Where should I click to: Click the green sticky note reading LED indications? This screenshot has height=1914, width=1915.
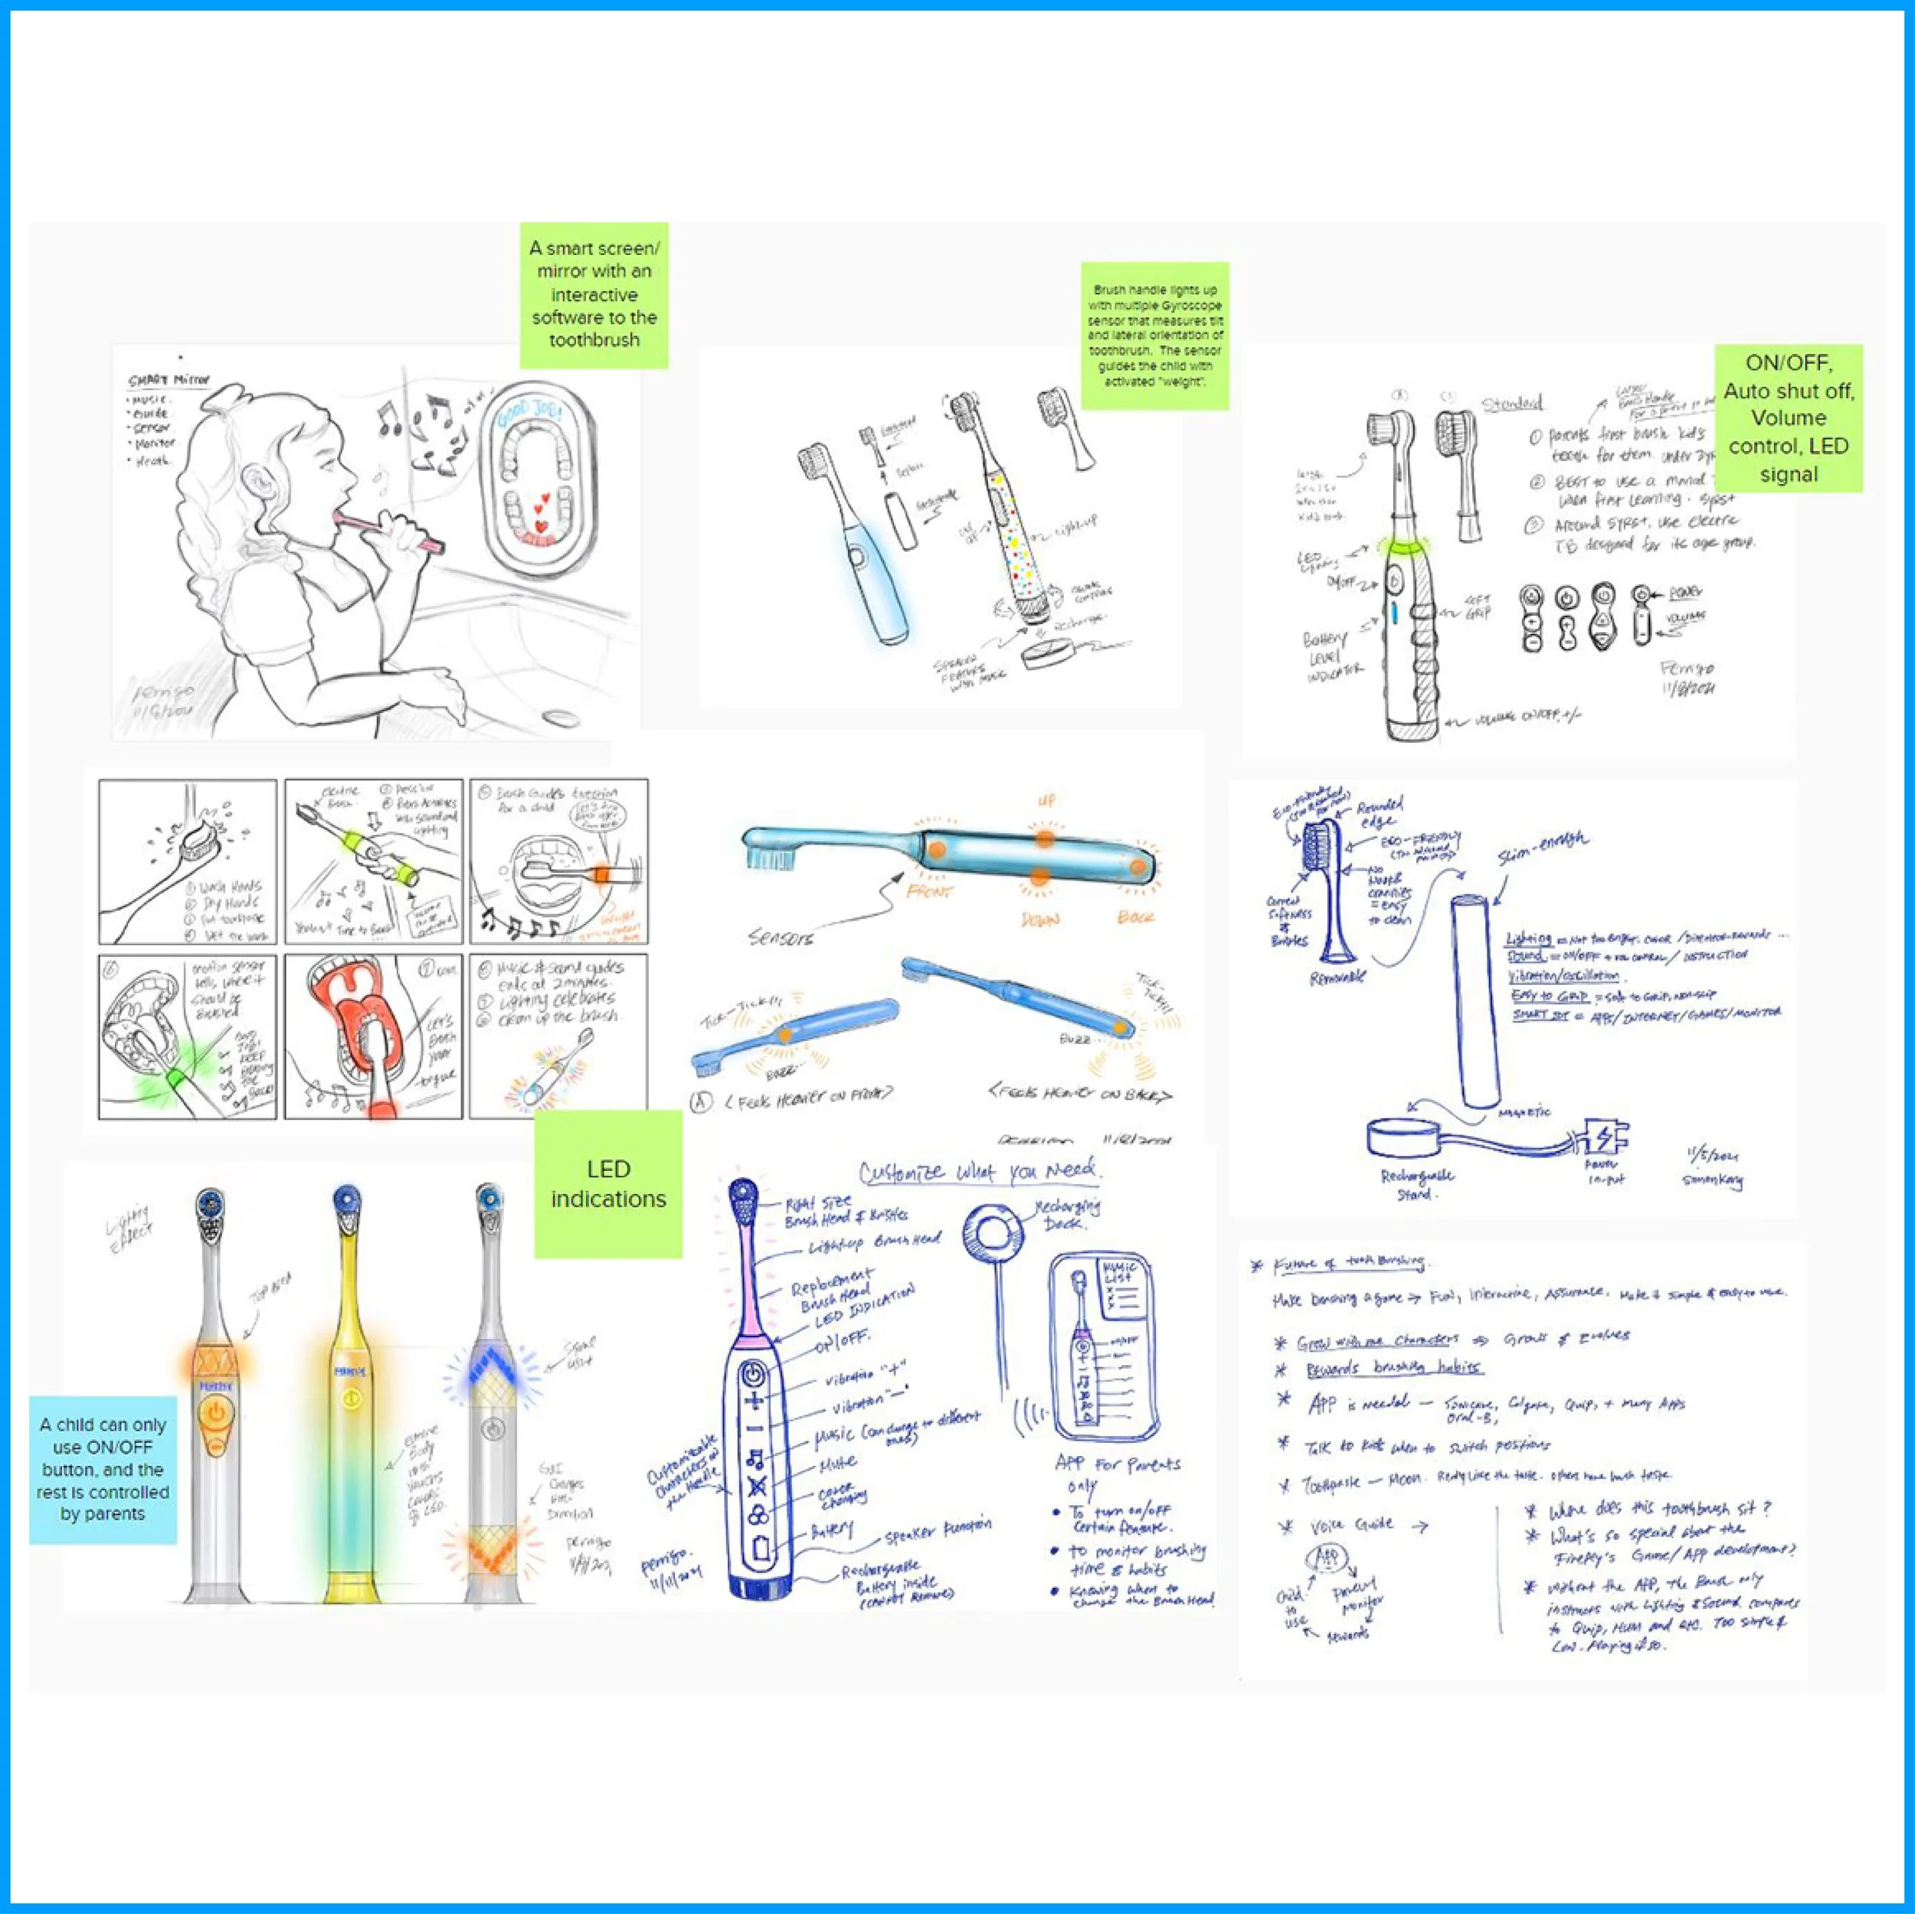[x=607, y=1183]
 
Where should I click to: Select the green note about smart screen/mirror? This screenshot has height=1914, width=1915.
[x=594, y=294]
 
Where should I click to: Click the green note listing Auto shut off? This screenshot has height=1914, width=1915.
[x=1788, y=417]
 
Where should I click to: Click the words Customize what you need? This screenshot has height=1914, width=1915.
[x=978, y=1172]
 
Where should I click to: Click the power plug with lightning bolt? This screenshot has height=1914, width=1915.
[x=1601, y=1138]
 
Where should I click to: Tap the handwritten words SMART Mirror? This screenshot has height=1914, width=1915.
[x=169, y=381]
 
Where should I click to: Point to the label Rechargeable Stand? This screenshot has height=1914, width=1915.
[x=1416, y=1183]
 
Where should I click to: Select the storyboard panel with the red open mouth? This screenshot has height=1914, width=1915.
[x=373, y=1036]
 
